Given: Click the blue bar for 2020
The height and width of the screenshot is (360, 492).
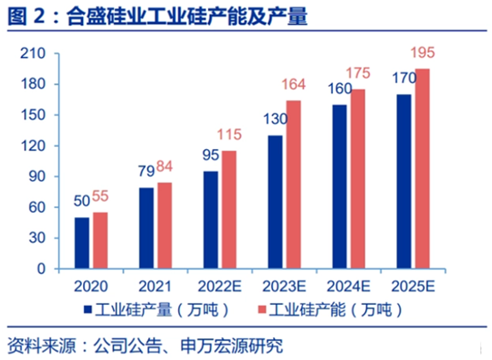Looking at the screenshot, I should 82,242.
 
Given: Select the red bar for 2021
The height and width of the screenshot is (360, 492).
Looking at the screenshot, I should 164,225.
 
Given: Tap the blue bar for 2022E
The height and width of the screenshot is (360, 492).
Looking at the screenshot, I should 211,219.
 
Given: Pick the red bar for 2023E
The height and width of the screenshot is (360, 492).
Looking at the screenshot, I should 293,184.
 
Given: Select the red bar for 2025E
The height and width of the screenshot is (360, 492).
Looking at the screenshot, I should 422,168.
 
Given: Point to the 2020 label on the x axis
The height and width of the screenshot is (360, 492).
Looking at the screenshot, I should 90,286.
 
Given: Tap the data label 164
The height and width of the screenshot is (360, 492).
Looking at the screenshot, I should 294,85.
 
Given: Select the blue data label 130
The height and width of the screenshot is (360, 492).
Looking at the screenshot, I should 275,120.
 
